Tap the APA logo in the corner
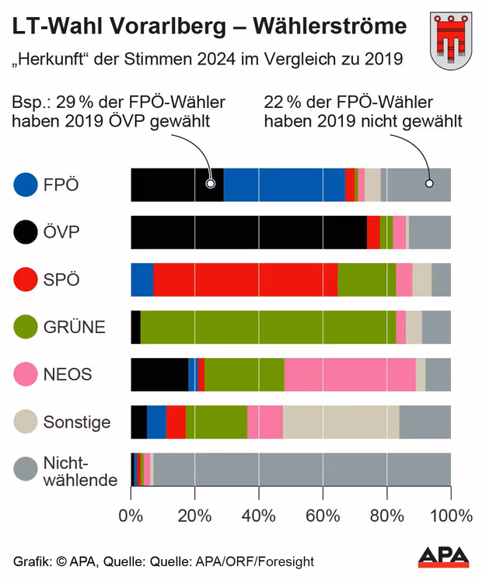click(444, 557)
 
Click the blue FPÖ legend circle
click(26, 184)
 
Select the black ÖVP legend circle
click(26, 231)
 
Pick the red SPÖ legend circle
click(26, 279)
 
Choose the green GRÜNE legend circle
click(26, 326)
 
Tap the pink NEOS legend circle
click(26, 374)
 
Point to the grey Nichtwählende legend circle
click(26, 469)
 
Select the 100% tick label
click(451, 515)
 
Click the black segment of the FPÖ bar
click(176, 184)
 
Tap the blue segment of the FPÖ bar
click(284, 184)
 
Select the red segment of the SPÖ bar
click(245, 279)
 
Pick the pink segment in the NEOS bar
click(350, 374)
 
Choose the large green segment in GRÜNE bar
click(268, 326)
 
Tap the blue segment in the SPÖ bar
click(142, 279)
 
